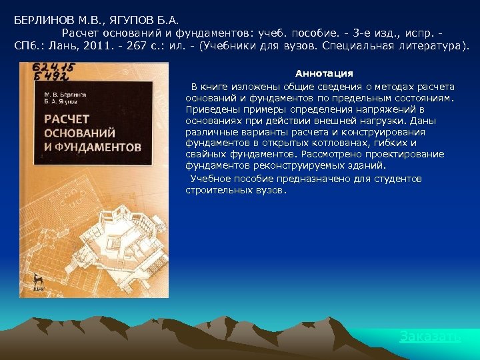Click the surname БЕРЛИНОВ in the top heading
point(42,20)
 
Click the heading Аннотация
point(324,73)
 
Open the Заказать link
point(429,336)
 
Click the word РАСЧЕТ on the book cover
point(67,119)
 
